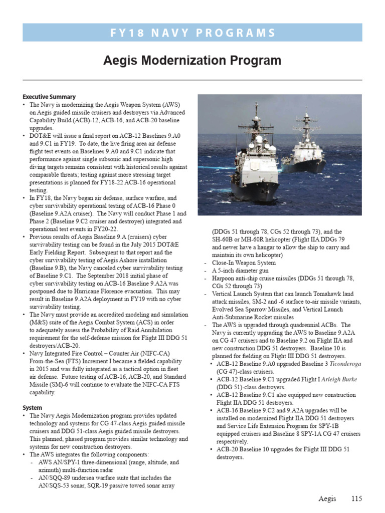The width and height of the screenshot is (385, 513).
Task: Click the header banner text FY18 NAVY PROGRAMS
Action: [x=192, y=33]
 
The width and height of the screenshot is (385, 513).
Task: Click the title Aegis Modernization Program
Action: [x=192, y=61]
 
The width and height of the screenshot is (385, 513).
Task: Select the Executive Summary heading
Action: [x=49, y=97]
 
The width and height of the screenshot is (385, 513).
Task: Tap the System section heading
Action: [x=33, y=408]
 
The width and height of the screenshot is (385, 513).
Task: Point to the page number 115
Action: [x=356, y=498]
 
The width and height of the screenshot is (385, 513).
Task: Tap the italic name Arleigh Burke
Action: [x=339, y=379]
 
